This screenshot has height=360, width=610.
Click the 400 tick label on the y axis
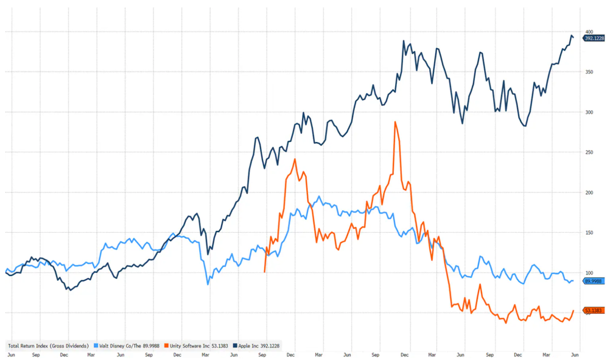click(x=589, y=32)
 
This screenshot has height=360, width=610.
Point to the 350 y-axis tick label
click(x=589, y=72)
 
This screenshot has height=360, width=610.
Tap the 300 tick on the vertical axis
click(x=589, y=112)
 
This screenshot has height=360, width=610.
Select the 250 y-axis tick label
click(x=589, y=152)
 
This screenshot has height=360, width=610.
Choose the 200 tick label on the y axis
click(x=589, y=192)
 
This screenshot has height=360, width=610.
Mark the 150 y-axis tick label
click(x=589, y=233)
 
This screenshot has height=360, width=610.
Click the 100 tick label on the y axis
click(x=589, y=272)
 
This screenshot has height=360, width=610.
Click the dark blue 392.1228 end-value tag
click(x=594, y=38)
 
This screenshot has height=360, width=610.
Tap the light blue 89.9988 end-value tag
click(x=594, y=281)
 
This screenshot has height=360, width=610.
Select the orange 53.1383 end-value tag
click(x=594, y=311)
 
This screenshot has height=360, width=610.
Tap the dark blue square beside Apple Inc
click(x=236, y=346)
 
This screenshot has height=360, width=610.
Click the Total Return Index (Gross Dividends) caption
click(x=49, y=346)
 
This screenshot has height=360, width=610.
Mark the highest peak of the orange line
click(x=395, y=122)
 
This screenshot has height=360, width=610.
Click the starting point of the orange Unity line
click(x=264, y=272)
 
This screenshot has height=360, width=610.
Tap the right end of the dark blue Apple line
click(x=573, y=38)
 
